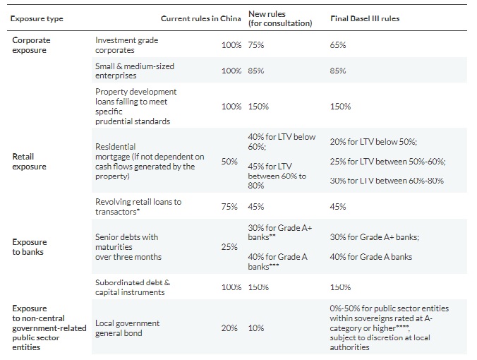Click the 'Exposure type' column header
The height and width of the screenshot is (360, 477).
[x=37, y=18]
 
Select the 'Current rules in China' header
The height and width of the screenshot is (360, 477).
[x=201, y=18]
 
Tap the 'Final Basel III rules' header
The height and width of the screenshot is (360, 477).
[x=365, y=18]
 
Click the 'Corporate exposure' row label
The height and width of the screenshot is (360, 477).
[x=31, y=45]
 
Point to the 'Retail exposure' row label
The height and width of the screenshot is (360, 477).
[x=29, y=162]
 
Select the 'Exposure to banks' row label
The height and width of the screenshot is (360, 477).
[x=30, y=247]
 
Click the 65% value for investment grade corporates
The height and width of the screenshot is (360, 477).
[x=338, y=45]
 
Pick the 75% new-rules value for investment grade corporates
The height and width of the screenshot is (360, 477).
[x=256, y=45]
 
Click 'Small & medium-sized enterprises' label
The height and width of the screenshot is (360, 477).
[x=135, y=71]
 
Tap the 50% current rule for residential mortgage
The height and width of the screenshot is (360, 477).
[x=229, y=161]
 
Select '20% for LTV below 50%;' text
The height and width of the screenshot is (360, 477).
[x=373, y=142]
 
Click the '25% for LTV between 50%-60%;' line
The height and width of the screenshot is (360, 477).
[x=388, y=161]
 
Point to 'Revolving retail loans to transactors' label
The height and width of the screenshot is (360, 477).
[x=138, y=207]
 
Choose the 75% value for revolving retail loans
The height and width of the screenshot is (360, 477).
[x=229, y=207]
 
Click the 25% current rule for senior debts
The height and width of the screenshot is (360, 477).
[x=229, y=247]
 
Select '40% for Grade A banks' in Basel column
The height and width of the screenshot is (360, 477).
[x=371, y=257]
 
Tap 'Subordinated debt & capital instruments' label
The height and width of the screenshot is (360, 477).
[x=133, y=287]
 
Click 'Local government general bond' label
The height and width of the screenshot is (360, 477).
[x=128, y=328]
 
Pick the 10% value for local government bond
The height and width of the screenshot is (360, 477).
[x=256, y=328]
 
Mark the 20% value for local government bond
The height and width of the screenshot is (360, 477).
[x=229, y=328]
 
